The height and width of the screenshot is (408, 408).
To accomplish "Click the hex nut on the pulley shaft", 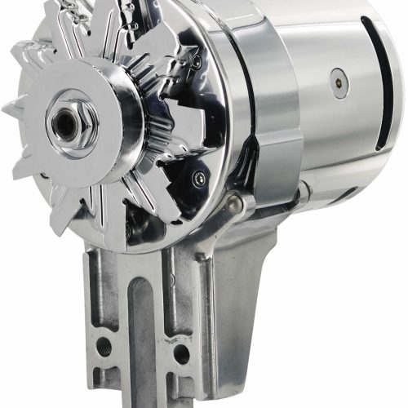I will pyautogui.click(x=66, y=121).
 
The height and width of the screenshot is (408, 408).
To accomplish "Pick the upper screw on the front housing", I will pyautogui.click(x=196, y=60).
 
